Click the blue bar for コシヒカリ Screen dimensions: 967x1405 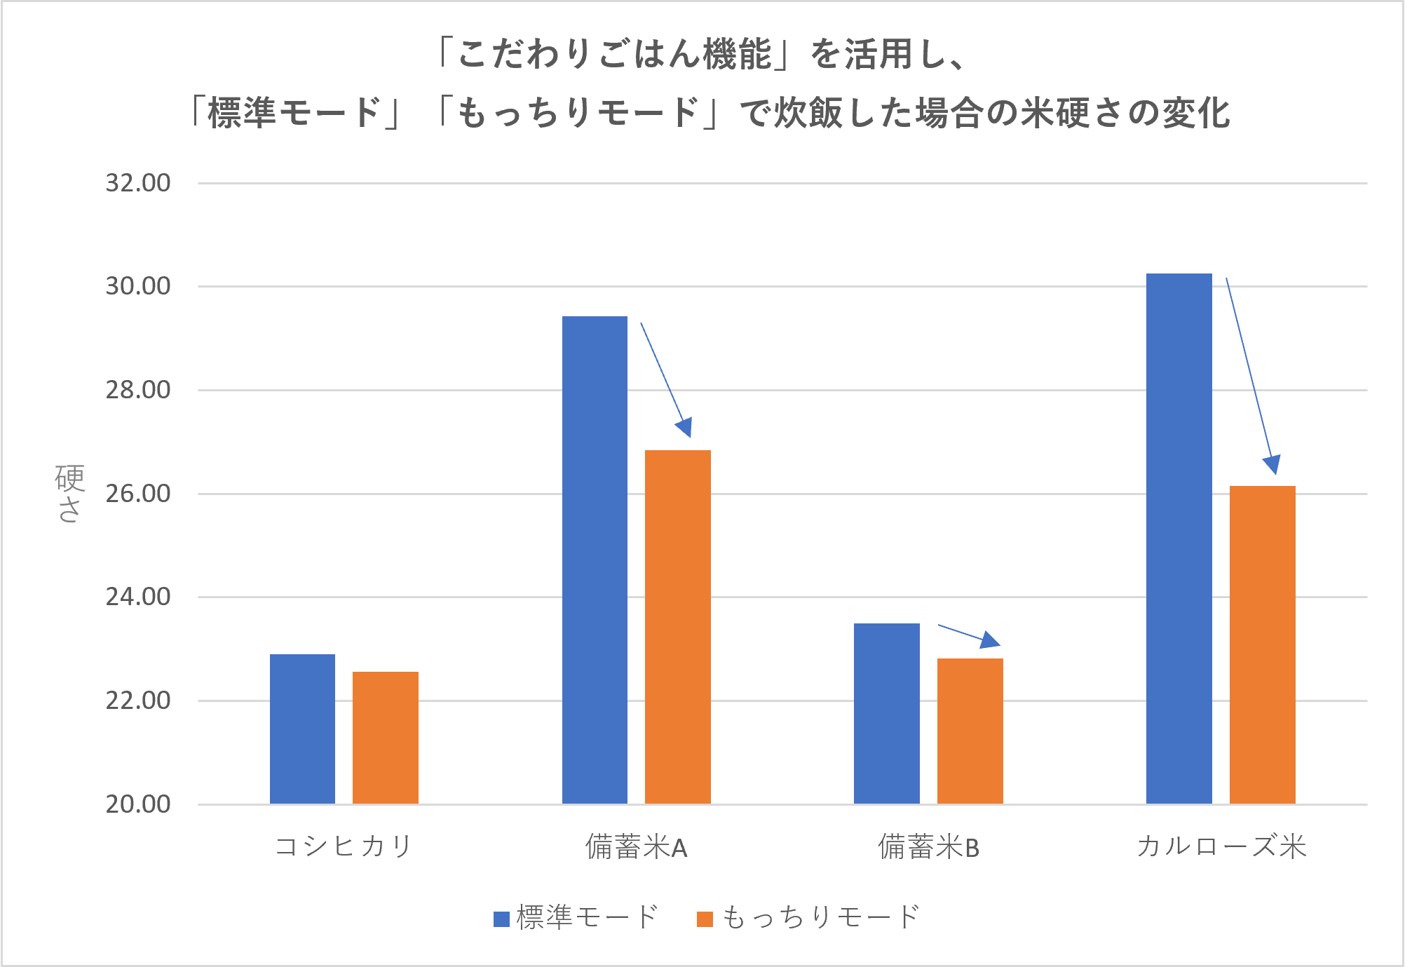[x=302, y=729]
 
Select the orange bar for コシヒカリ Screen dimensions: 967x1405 [x=386, y=738]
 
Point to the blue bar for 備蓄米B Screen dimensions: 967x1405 [x=887, y=713]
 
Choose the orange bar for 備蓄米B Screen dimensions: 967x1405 [x=970, y=731]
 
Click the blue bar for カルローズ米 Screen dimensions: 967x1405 [x=1179, y=538]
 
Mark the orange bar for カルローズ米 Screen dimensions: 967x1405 [x=1263, y=644]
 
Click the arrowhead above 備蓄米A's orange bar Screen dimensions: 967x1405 [x=685, y=427]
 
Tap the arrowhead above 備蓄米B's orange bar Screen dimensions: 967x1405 [x=990, y=640]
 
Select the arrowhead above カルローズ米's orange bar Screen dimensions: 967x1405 [x=1272, y=464]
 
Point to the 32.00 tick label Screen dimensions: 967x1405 [x=138, y=183]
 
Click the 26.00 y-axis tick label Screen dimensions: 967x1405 [x=138, y=494]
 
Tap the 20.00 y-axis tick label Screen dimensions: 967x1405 [x=138, y=804]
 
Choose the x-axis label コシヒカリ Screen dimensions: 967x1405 [x=344, y=846]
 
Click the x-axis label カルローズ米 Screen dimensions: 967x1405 [x=1221, y=846]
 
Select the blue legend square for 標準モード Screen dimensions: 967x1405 [x=501, y=919]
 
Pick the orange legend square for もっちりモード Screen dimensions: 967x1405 [x=705, y=919]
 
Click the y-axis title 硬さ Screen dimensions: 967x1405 [x=69, y=493]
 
